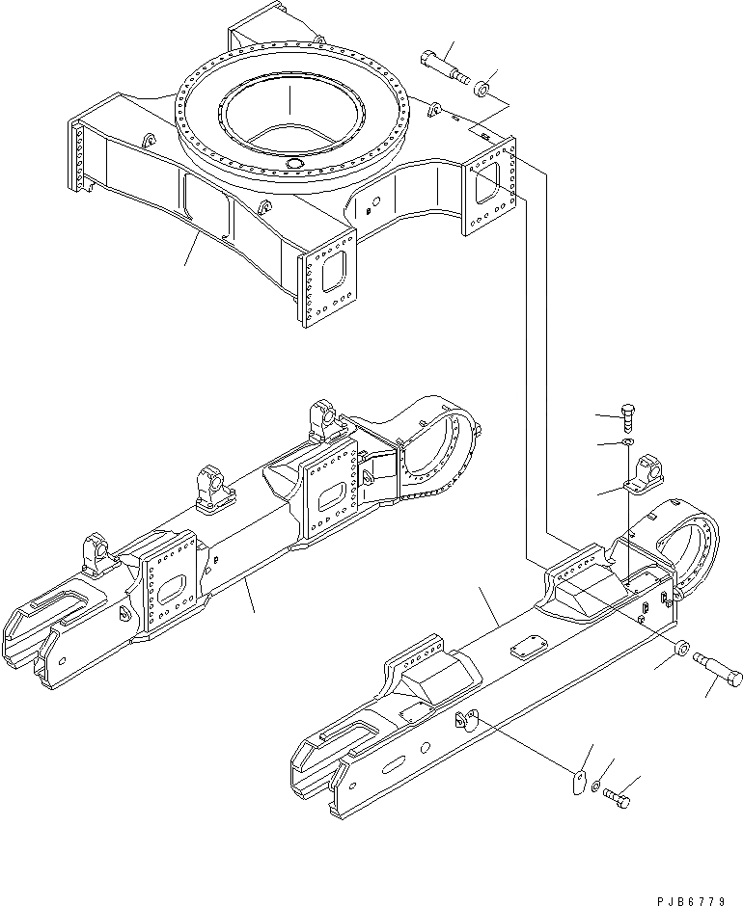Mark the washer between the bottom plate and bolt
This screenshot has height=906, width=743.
(x=599, y=788)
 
